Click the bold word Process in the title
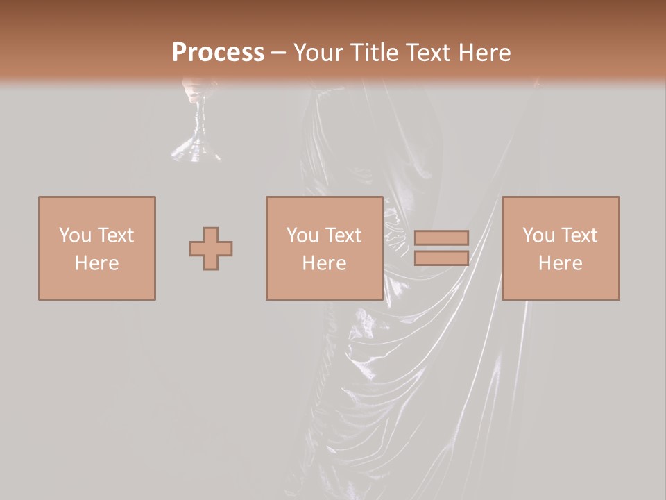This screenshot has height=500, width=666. [x=218, y=53]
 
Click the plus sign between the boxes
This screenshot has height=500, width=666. [x=211, y=248]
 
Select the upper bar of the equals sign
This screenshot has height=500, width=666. [x=441, y=237]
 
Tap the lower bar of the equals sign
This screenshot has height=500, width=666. [x=441, y=258]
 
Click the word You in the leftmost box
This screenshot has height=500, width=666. [x=74, y=235]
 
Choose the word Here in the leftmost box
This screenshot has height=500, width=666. [x=96, y=263]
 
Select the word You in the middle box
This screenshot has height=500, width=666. [x=302, y=235]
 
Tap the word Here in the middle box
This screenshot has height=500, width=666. [x=324, y=263]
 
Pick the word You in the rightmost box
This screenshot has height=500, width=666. [x=538, y=235]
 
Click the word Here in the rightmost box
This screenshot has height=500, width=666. [x=560, y=263]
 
